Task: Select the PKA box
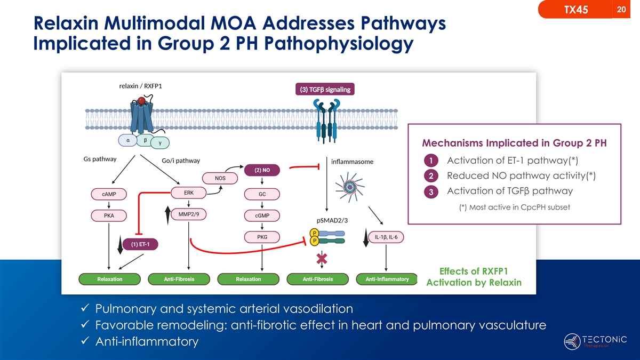(x=109, y=215)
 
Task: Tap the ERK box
(x=188, y=193)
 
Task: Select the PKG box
(x=262, y=237)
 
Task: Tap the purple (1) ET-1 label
(x=140, y=245)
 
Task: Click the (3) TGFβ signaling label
(x=325, y=90)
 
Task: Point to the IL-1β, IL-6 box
(x=386, y=237)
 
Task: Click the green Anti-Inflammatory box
(x=387, y=279)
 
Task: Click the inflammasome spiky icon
(x=350, y=187)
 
